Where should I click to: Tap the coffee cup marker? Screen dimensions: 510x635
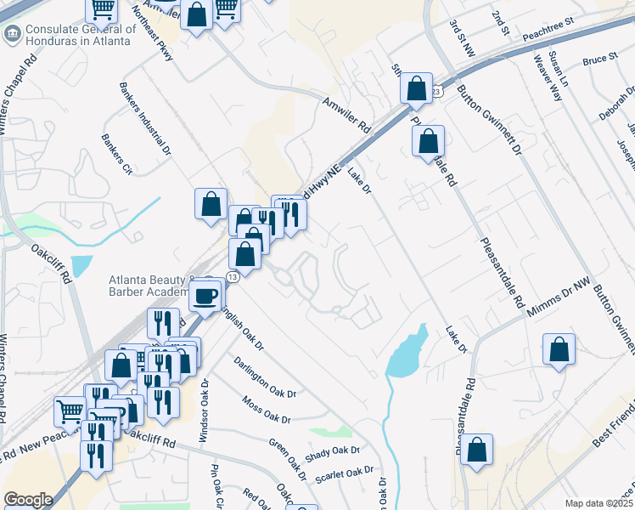[x=205, y=295]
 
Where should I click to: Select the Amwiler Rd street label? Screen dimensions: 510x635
[x=346, y=114]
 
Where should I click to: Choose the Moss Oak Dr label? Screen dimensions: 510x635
[x=266, y=408]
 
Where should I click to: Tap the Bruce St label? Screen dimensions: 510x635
[x=600, y=60]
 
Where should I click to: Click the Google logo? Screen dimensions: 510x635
[x=28, y=500]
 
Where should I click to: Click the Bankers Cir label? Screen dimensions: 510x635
[x=117, y=153]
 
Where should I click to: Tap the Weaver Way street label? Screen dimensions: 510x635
[x=548, y=78]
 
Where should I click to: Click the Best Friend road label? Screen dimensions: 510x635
[x=614, y=426]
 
